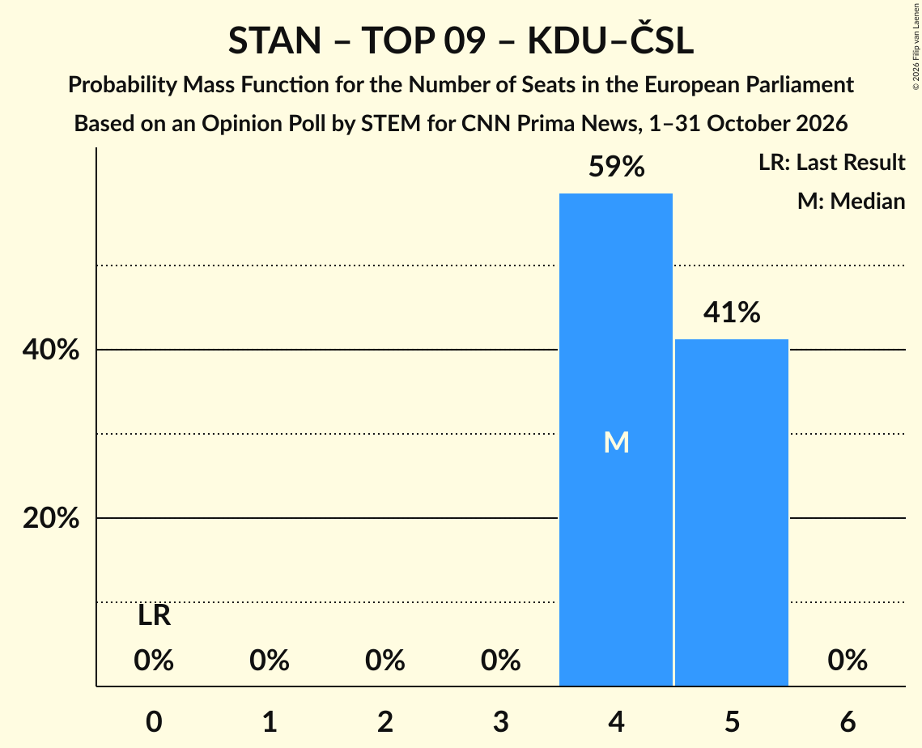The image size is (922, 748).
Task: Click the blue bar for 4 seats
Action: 616,440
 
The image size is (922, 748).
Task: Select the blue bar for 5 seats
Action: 732,512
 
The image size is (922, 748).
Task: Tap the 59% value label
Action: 616,167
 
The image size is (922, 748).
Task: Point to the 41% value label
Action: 732,312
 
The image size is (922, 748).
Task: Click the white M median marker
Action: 616,442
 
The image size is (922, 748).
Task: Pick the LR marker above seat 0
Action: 154,616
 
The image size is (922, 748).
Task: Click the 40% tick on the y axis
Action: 50,350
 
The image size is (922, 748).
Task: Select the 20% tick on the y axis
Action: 50,518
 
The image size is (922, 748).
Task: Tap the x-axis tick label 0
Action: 154,721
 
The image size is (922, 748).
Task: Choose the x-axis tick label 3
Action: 501,721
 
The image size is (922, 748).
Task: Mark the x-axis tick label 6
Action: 848,721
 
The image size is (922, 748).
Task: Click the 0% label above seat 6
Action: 848,661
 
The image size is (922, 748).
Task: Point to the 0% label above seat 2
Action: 385,661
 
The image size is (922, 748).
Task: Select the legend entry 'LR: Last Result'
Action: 831,162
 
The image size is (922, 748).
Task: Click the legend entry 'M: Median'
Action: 851,201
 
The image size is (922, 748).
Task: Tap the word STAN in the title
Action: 274,40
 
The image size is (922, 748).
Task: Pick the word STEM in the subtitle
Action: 390,124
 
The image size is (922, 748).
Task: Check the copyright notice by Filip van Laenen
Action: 916,46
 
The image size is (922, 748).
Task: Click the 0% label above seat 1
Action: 270,661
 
